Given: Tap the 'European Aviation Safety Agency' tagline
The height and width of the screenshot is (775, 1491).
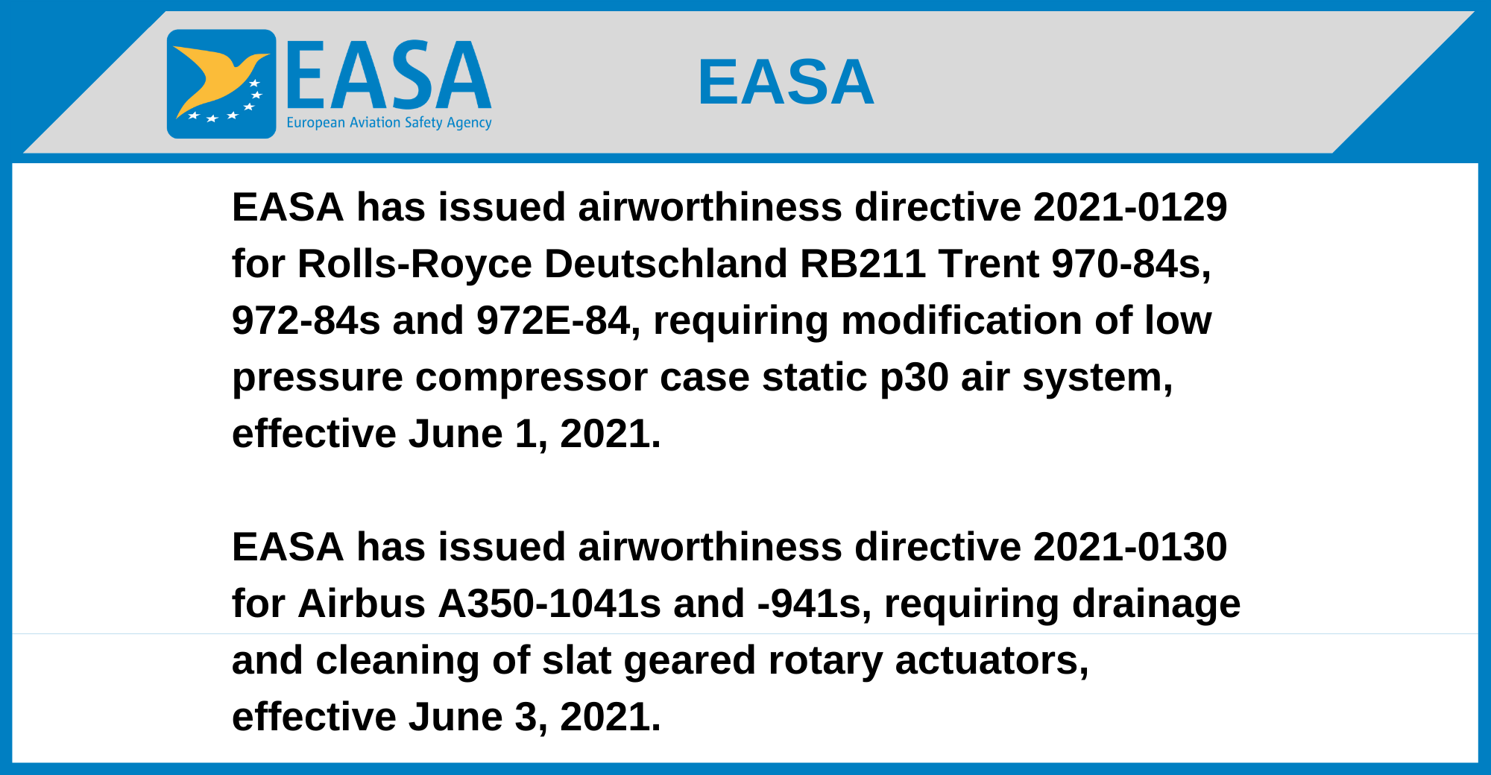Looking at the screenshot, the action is coord(389,122).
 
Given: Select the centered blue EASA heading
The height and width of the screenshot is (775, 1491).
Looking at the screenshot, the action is coord(786,82).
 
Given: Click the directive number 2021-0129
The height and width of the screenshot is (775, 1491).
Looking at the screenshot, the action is coord(1130,207).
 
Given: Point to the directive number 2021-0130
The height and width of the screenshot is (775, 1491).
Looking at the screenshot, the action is coord(1130,547).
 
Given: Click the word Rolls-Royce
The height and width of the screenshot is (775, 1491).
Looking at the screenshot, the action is coord(414,265).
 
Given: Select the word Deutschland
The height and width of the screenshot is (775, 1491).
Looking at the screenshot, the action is coord(666,264).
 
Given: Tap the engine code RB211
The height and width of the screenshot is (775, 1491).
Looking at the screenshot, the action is coord(863,264).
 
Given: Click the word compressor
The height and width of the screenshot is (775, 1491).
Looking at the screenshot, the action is coord(531,378).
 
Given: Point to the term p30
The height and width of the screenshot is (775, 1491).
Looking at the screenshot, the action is coord(914,378).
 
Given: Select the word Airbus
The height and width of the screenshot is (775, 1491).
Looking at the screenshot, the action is coord(362,604).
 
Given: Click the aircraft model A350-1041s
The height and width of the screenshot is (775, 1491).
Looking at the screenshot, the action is coord(549,604).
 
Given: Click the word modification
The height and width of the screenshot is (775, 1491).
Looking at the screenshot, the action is coord(962,321).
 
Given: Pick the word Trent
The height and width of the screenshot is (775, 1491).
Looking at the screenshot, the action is coord(989,265).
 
